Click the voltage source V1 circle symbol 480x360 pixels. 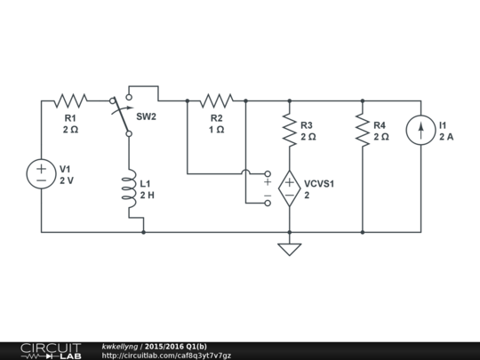(42, 173)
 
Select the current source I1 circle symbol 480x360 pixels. (420, 131)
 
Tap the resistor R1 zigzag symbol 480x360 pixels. (70, 100)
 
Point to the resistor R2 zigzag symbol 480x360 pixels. (216, 100)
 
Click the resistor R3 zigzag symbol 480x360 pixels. (289, 131)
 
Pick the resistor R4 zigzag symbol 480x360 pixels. (362, 131)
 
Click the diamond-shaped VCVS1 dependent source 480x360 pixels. (289, 189)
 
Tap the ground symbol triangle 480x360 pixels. (289, 249)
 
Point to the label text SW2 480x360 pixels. (147, 116)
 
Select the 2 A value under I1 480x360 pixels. (446, 137)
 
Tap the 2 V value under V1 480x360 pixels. (68, 180)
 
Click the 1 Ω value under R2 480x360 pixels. (216, 129)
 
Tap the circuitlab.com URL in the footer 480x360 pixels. (166, 356)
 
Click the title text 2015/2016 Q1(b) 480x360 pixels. (176, 346)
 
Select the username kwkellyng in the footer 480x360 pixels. (119, 346)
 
